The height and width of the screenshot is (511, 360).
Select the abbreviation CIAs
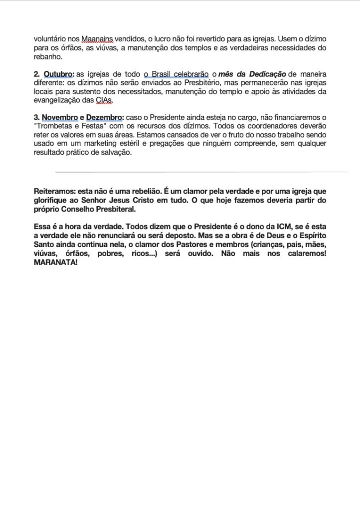pyautogui.click(x=103, y=100)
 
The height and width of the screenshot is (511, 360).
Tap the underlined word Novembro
pyautogui.click(x=60, y=117)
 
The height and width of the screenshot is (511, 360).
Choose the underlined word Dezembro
pyautogui.click(x=104, y=117)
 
